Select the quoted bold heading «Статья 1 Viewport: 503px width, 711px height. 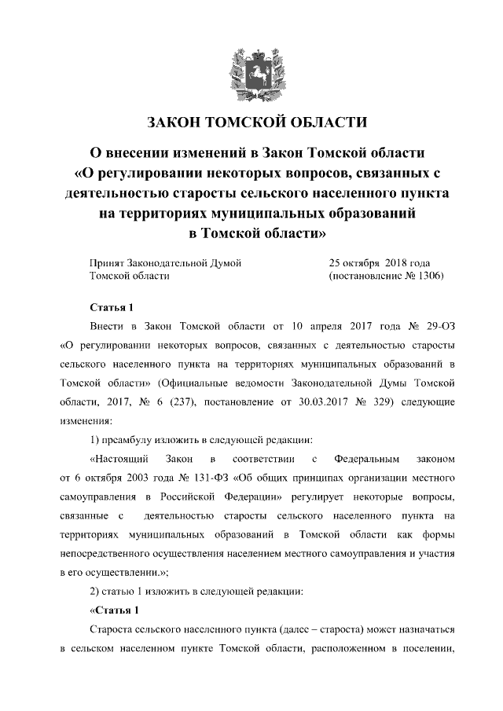point(115,610)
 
